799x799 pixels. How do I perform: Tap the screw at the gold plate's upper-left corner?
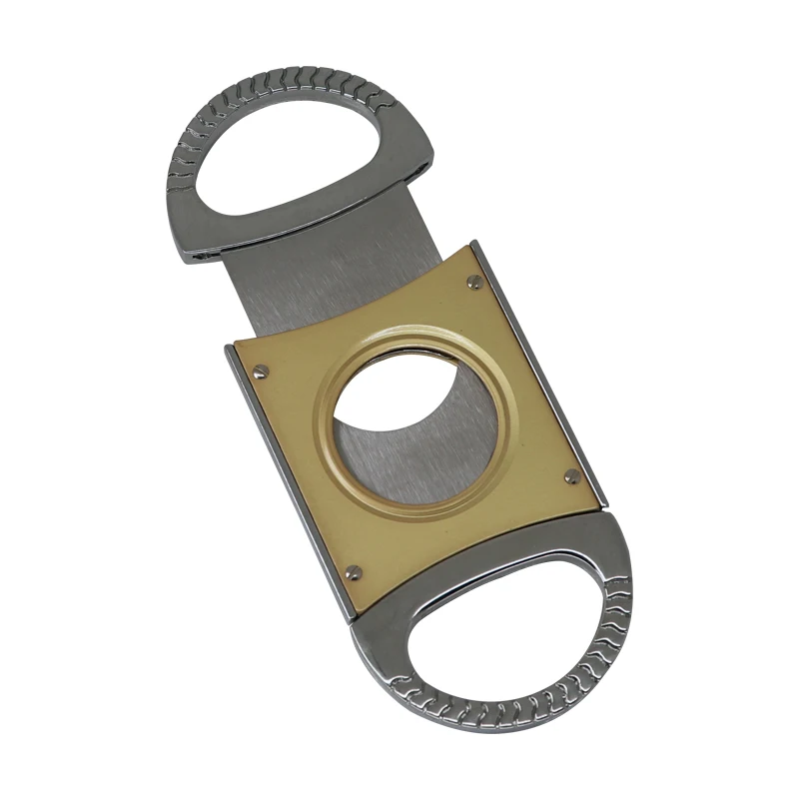click(261, 372)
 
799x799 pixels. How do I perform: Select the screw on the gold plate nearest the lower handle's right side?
click(571, 476)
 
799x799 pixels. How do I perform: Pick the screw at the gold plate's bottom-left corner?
click(354, 572)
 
